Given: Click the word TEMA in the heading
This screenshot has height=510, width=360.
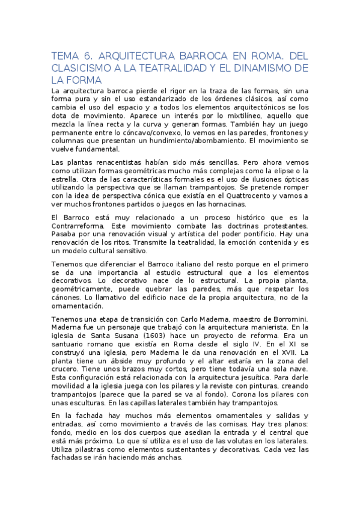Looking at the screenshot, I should click(66, 56).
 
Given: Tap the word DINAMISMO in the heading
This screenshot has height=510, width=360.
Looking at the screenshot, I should click(264, 67).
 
